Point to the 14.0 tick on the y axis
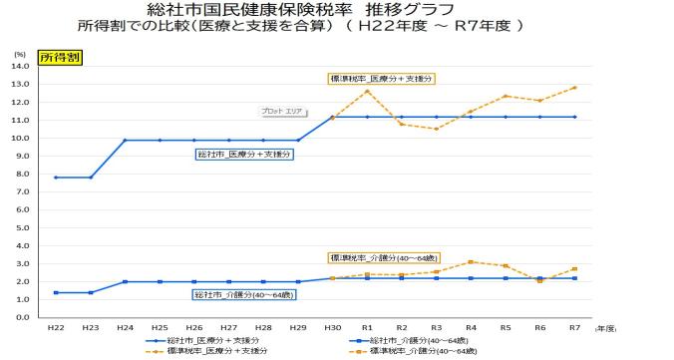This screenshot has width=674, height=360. coord(21,66)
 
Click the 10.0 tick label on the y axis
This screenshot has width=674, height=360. coord(21,138)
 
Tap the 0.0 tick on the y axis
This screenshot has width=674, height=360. coord(21,317)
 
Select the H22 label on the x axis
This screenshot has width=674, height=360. coord(56,327)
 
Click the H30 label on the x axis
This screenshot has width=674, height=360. coord(332,327)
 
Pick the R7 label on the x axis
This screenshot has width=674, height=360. coord(573,327)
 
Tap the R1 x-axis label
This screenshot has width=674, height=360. coord(367,327)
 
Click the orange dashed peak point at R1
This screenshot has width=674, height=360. coord(367,91)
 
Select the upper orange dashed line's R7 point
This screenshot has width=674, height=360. coord(573,87)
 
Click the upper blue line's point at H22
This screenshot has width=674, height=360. coord(56,178)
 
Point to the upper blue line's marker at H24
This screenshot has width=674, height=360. coord(125,140)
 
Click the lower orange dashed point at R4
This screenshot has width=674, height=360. coord(470,261)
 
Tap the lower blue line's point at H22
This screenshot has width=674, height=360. coord(56,292)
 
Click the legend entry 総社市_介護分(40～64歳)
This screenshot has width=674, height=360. coord(410,340)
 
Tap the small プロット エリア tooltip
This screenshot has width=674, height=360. coord(281,112)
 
